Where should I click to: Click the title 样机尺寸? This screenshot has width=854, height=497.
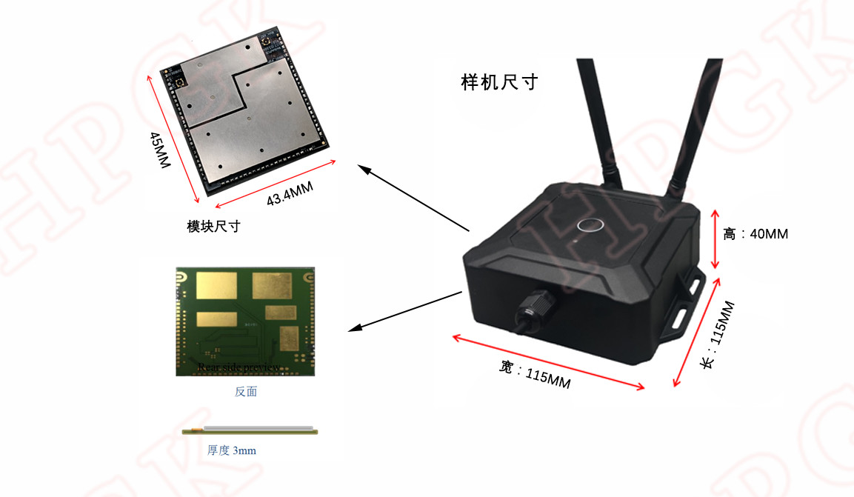[498, 82]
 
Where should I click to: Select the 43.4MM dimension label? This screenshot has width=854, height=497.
[290, 194]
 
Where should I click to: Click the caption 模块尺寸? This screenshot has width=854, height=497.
[213, 227]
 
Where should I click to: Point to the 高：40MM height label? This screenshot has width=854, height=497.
[755, 234]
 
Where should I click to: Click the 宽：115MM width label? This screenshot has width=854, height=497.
[535, 373]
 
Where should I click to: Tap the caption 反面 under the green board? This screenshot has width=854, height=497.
[246, 392]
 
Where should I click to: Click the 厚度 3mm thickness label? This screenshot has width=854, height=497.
[233, 450]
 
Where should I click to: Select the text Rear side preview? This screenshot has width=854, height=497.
[239, 367]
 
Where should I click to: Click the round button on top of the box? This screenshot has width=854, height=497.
[589, 224]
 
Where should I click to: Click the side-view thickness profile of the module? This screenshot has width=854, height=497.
[250, 429]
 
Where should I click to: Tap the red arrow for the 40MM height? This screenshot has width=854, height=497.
[715, 239]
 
